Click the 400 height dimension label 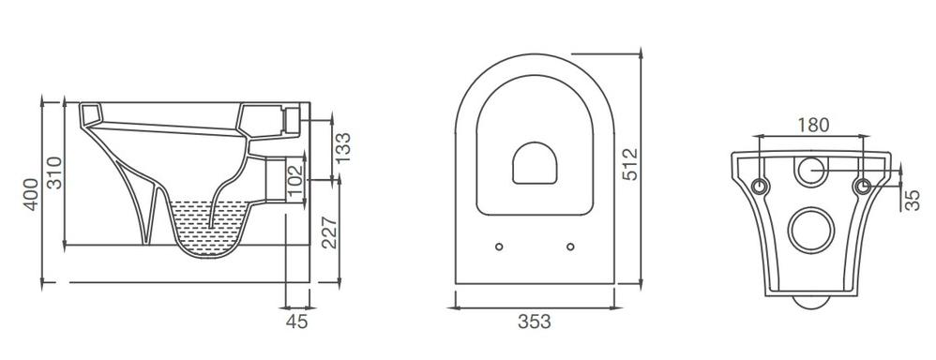[x=31, y=194]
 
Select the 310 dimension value [x=54, y=172]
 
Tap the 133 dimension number [x=343, y=147]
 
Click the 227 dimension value [x=329, y=232]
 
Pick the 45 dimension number [x=296, y=322]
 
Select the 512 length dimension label [x=629, y=164]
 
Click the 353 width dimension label [x=535, y=322]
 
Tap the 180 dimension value [x=813, y=125]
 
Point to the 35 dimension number [x=913, y=201]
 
